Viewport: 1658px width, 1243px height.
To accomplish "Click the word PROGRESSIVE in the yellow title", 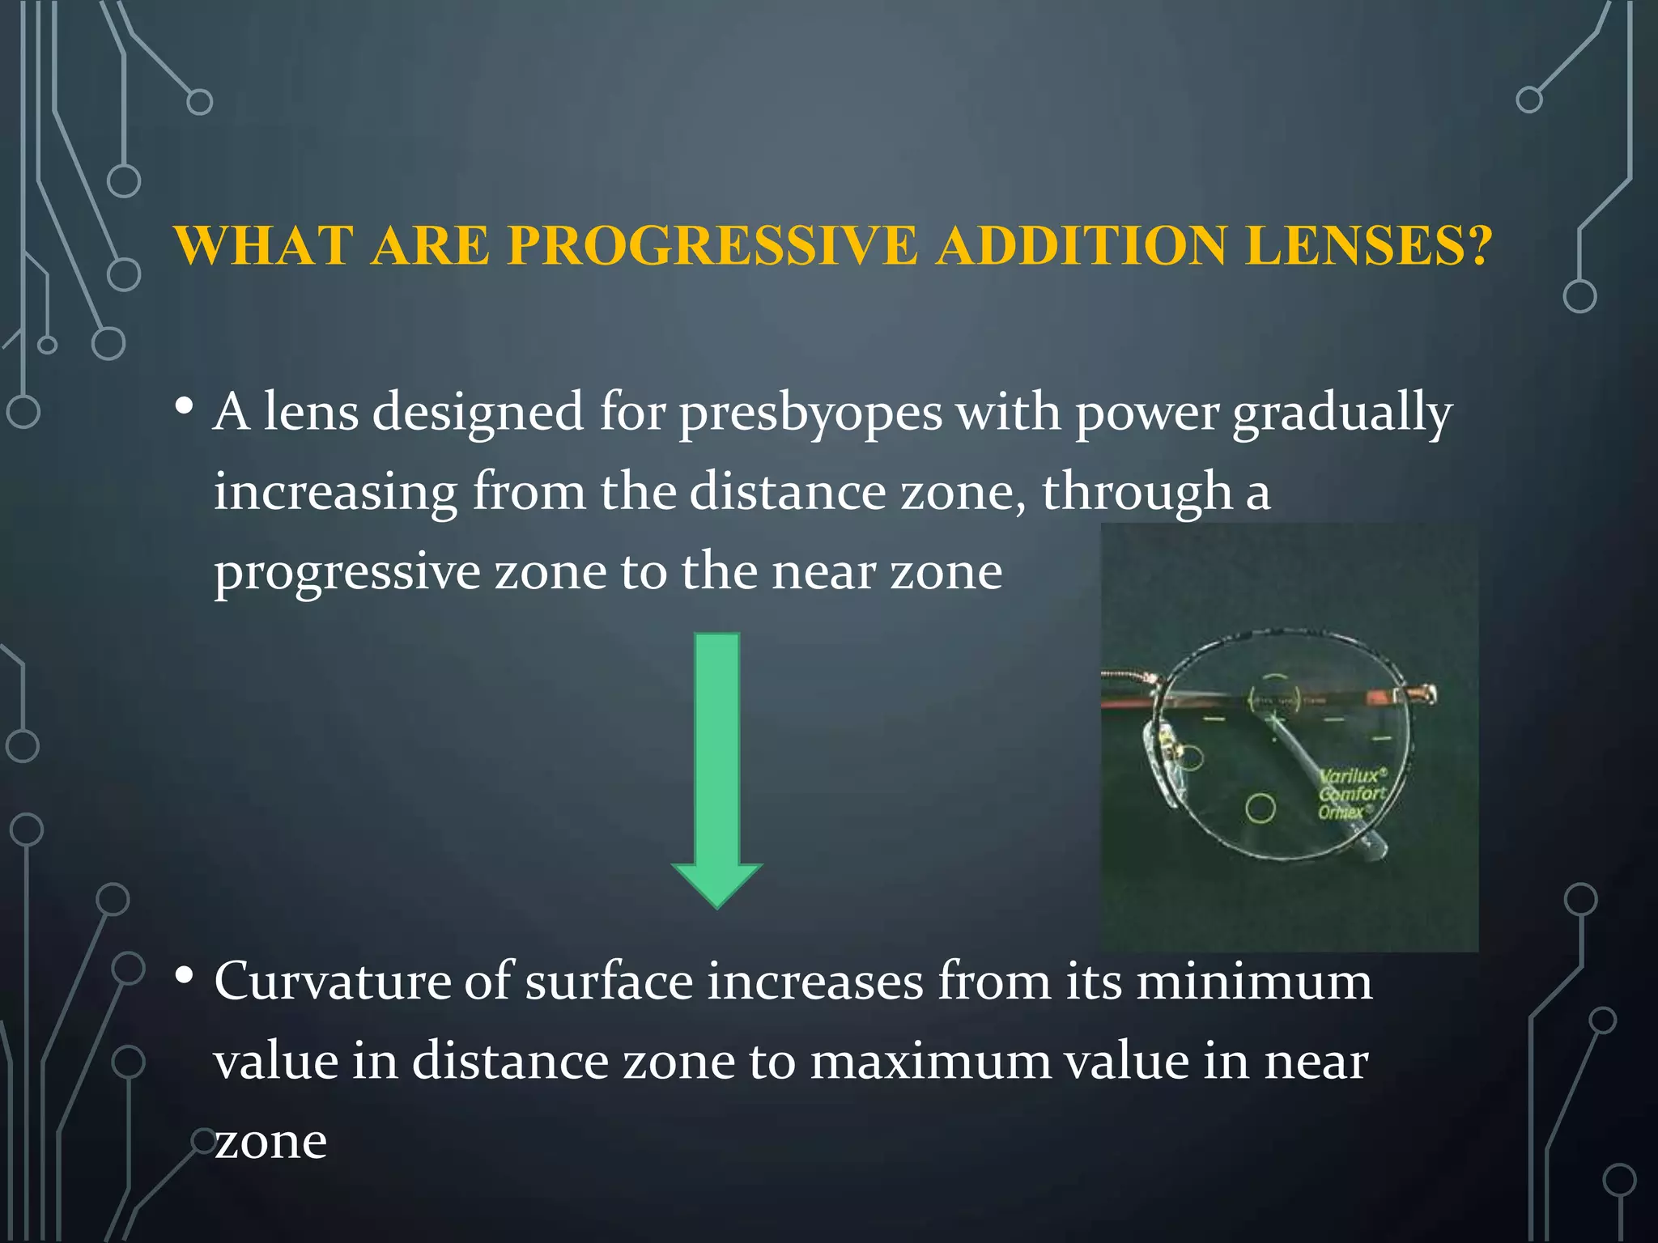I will (712, 245).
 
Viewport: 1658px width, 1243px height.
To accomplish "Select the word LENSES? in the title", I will (1369, 245).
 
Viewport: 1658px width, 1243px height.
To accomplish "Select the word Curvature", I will (331, 982).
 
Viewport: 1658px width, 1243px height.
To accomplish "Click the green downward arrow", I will (717, 769).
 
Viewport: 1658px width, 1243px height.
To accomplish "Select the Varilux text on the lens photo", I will (1351, 775).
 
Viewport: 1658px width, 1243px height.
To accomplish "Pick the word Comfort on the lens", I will (1353, 794).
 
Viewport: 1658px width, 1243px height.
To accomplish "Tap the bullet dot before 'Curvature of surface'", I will (184, 976).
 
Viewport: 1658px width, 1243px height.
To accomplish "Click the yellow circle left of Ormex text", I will (1261, 808).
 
